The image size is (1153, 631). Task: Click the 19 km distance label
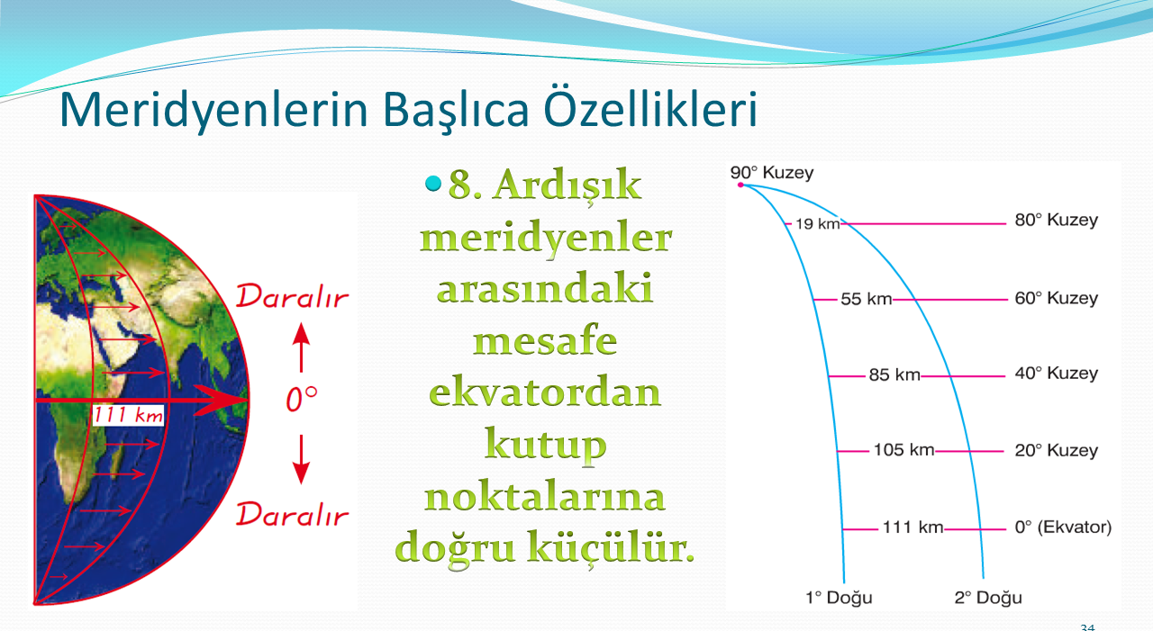(817, 224)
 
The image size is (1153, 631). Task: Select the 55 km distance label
(867, 299)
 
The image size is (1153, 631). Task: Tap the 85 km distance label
(894, 374)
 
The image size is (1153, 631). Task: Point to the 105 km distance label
(903, 450)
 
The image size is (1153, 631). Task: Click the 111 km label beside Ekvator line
(913, 527)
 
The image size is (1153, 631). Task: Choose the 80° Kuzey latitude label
(1057, 221)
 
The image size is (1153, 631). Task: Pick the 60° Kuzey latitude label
(1057, 298)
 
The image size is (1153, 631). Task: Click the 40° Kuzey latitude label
(1057, 374)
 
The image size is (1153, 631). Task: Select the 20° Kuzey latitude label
(1057, 450)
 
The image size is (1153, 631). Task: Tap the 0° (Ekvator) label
(1064, 527)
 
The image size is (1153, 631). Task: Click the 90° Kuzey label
(772, 173)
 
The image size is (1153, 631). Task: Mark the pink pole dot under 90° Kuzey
(740, 185)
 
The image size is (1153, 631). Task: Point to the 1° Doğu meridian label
(839, 598)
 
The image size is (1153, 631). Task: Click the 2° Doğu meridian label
(988, 598)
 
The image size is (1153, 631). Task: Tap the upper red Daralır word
(293, 296)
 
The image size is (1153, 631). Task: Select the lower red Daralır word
(293, 514)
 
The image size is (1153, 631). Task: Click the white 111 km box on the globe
(128, 415)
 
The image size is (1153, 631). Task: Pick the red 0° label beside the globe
(302, 399)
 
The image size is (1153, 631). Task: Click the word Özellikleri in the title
(650, 109)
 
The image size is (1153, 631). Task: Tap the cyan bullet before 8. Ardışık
(433, 183)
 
